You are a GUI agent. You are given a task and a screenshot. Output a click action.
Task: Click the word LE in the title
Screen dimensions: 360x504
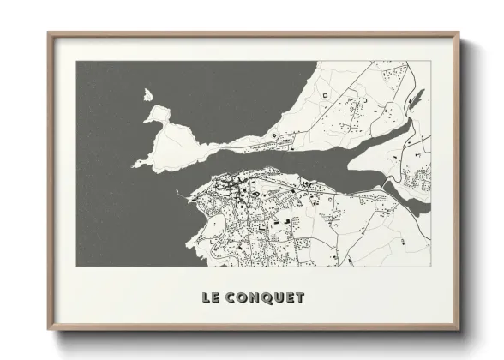pos(210,298)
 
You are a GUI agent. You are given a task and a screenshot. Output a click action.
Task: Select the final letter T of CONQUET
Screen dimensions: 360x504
pos(299,298)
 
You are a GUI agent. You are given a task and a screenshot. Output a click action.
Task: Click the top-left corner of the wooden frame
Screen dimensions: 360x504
pos(49,33)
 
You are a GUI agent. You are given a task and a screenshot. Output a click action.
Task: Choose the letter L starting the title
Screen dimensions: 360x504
pos(206,298)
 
